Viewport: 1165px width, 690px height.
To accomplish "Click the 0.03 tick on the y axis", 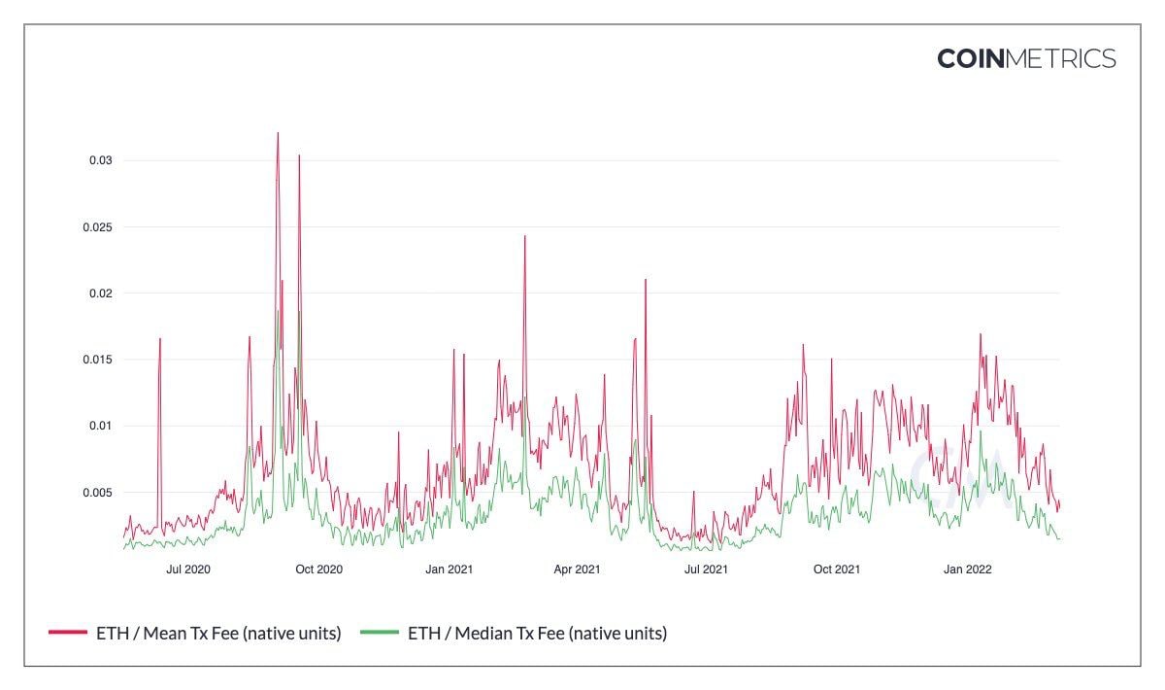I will click(x=101, y=160).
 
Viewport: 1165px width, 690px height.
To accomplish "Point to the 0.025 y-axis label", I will click(x=98, y=226).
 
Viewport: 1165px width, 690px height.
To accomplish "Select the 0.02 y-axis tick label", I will click(x=101, y=293).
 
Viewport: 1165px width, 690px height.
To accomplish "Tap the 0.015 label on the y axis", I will click(x=98, y=360).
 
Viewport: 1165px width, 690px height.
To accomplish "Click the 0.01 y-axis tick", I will click(x=101, y=426).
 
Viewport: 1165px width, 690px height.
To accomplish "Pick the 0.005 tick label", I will click(x=98, y=493).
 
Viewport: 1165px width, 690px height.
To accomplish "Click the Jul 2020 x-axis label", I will click(x=189, y=569).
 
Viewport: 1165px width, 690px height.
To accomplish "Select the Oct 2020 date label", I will click(x=319, y=569).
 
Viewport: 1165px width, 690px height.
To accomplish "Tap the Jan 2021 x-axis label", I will click(x=449, y=569).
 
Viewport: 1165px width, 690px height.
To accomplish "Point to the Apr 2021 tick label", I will click(x=577, y=569).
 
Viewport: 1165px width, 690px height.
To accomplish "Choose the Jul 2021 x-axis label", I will click(x=706, y=569).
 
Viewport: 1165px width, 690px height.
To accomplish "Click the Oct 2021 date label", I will click(x=836, y=569).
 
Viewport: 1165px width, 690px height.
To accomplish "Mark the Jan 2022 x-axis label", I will click(x=967, y=569).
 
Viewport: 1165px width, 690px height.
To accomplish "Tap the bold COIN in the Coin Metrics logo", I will click(x=971, y=59).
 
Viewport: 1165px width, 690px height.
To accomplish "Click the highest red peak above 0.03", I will click(x=278, y=134).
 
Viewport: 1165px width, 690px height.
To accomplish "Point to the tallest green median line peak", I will click(x=279, y=311).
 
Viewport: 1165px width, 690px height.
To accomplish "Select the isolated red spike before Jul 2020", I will click(x=160, y=339).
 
